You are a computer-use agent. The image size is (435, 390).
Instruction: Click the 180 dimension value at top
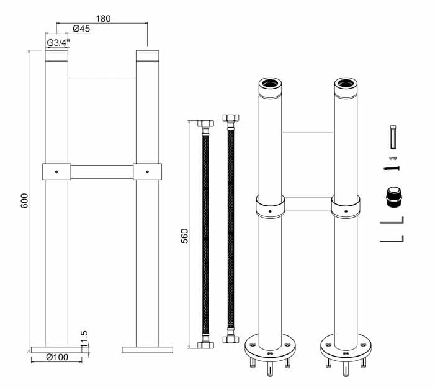coord(103,19)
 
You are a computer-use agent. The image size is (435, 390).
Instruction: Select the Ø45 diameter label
coord(81,29)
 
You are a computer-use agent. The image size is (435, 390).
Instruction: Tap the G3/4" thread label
coord(58,43)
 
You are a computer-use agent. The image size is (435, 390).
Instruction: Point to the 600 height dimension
coord(25,201)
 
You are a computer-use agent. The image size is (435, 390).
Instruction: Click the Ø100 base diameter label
coord(57,357)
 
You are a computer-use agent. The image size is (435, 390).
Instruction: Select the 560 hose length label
coord(184,236)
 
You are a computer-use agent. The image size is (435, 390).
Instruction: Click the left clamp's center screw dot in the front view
coord(56,172)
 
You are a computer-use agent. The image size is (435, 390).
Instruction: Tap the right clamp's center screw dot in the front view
coord(147,172)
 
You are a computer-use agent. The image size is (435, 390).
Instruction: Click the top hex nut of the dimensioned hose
coord(205,123)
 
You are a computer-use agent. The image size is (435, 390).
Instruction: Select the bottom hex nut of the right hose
coord(231,340)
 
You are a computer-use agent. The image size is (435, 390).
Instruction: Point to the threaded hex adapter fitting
coord(394,197)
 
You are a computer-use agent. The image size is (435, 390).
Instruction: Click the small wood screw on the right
coord(391,168)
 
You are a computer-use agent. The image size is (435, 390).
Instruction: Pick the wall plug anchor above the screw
coord(393,138)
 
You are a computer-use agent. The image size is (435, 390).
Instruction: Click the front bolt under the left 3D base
coord(270,369)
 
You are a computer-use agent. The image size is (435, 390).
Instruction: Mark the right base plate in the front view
coord(147,350)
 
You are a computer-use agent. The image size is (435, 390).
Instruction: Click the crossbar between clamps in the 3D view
coord(308,205)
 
